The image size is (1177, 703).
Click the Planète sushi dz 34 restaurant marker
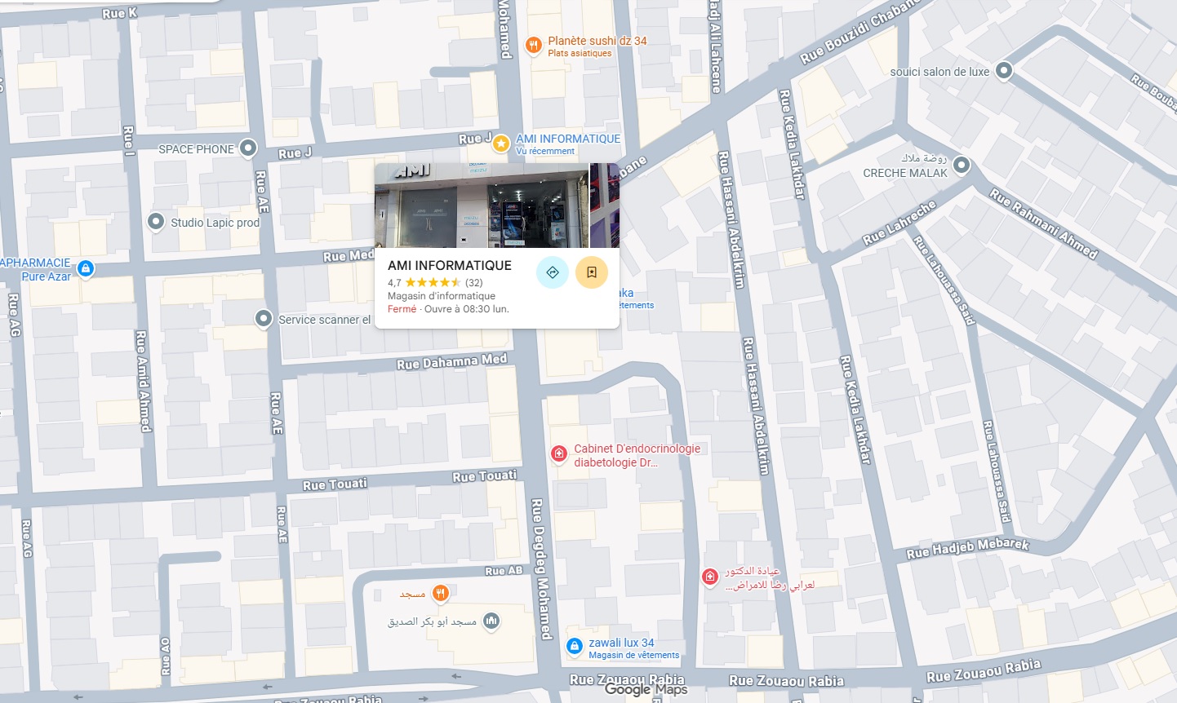(533, 46)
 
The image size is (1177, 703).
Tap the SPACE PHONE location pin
(248, 148)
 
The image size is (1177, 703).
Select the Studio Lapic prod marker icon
(156, 222)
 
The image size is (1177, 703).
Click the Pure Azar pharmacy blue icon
(86, 268)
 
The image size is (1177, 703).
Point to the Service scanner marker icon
(263, 319)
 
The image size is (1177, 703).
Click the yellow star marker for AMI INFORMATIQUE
(501, 144)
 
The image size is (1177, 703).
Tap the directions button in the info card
(553, 272)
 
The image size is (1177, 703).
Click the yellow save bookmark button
(592, 272)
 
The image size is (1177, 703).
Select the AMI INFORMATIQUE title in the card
(450, 265)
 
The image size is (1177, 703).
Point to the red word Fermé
(402, 309)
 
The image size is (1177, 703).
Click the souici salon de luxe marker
(1004, 71)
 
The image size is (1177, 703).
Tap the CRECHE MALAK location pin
(962, 165)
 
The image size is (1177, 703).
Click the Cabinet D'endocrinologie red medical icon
(559, 453)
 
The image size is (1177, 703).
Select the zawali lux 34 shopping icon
(575, 647)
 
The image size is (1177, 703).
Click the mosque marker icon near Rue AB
(491, 621)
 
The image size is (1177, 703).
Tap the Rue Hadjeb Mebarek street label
(967, 548)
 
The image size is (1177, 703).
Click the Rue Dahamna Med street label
(451, 361)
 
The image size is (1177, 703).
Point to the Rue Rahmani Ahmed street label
(1043, 223)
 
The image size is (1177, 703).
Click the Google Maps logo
(646, 689)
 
